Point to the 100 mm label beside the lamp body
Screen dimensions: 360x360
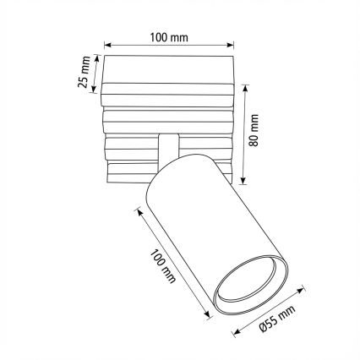(163, 266)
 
